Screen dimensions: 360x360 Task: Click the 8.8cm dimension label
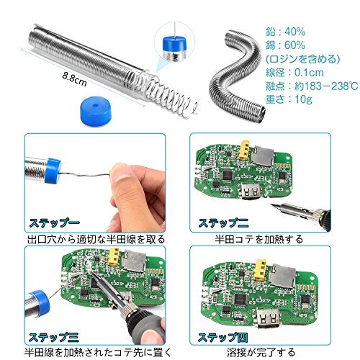74,79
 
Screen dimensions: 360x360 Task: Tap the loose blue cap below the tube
96,111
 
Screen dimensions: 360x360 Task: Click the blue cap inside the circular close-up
175,44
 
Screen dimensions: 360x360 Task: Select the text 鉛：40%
285,32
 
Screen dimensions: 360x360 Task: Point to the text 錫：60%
285,45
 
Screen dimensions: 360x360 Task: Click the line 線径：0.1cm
294,73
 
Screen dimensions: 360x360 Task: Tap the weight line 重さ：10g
289,99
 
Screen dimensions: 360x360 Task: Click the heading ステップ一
54,222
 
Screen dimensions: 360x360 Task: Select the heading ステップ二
223,222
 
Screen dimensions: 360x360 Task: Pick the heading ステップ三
53,337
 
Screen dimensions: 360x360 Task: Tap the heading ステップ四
222,337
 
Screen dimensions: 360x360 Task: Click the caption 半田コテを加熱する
259,239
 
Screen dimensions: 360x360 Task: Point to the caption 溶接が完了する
261,352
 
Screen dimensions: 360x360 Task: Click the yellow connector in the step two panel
243,150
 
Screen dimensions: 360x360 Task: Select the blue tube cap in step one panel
53,171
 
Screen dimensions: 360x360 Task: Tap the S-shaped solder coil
236,79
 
